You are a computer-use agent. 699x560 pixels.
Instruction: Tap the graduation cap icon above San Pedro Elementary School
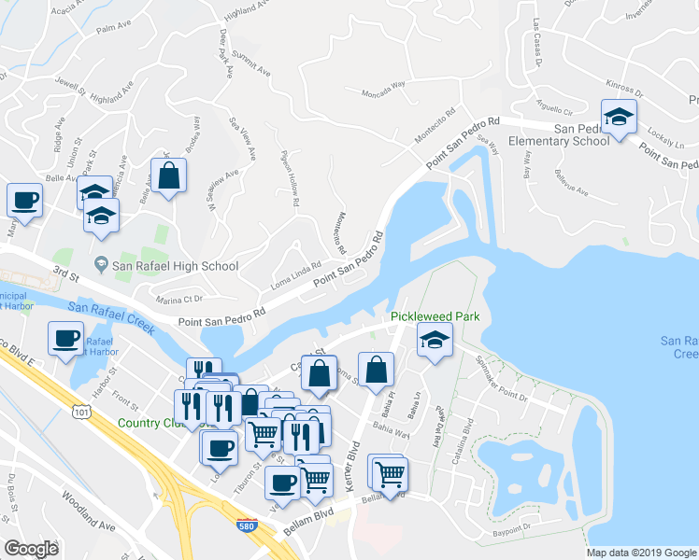pos(618,119)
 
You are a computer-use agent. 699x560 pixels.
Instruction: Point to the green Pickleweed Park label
pos(435,316)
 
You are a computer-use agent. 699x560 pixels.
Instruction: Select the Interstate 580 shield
pos(247,525)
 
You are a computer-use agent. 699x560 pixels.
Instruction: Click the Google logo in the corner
pos(31,549)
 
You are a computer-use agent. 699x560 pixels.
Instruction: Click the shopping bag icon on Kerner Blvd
pos(375,370)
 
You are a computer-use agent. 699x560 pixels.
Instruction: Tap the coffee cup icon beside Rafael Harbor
pos(65,338)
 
